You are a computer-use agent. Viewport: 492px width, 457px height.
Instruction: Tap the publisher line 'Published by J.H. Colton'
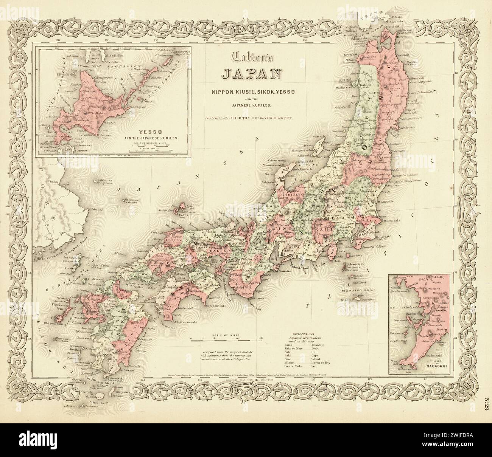(x=249, y=118)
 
